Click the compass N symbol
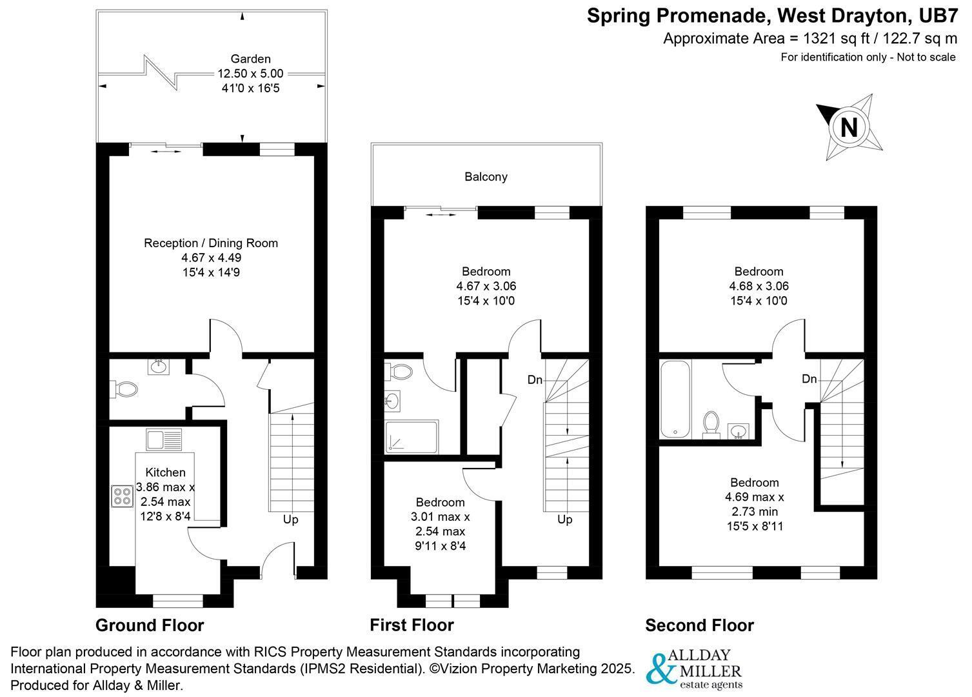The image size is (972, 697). [849, 127]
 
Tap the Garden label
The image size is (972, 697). [250, 59]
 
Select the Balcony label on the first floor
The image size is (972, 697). [486, 177]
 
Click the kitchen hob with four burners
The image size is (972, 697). [121, 496]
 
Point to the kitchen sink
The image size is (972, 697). [164, 440]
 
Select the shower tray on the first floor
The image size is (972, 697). [411, 437]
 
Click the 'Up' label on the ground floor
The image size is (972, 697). [291, 520]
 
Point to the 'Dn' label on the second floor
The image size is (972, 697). [809, 379]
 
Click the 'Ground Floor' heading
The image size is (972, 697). [150, 625]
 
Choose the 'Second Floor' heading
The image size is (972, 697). [699, 625]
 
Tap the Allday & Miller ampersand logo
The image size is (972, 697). [660, 670]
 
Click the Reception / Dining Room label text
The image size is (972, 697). [211, 243]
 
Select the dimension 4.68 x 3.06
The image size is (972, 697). [759, 286]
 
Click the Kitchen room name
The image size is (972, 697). [165, 473]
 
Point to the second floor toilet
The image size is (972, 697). [711, 424]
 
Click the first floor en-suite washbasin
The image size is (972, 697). [392, 401]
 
